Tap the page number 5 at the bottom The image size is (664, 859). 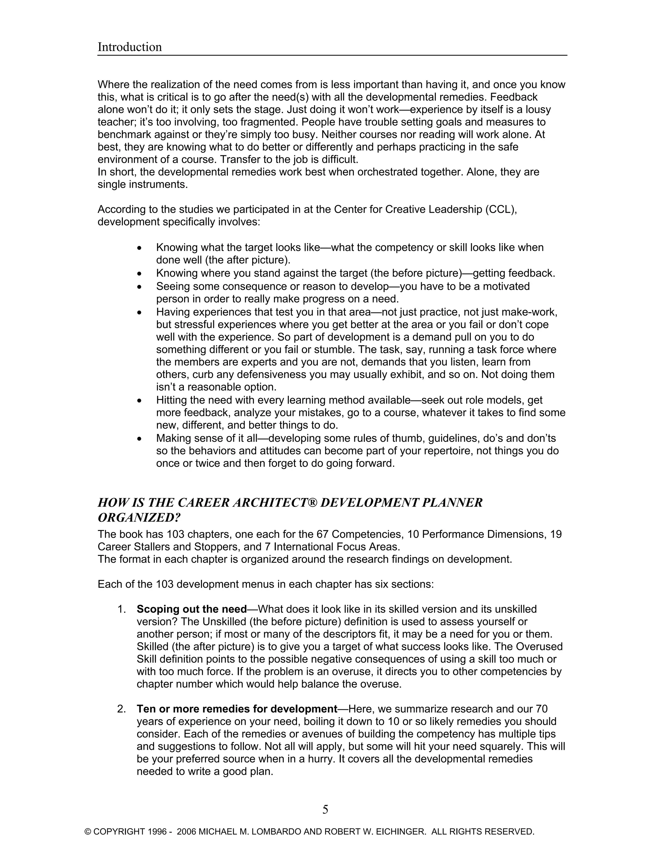325,809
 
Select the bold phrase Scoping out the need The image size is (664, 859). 192,609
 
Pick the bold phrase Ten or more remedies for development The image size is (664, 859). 237,709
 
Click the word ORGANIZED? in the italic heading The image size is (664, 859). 139,518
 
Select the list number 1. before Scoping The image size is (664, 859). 122,609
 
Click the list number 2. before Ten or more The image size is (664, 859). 122,709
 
